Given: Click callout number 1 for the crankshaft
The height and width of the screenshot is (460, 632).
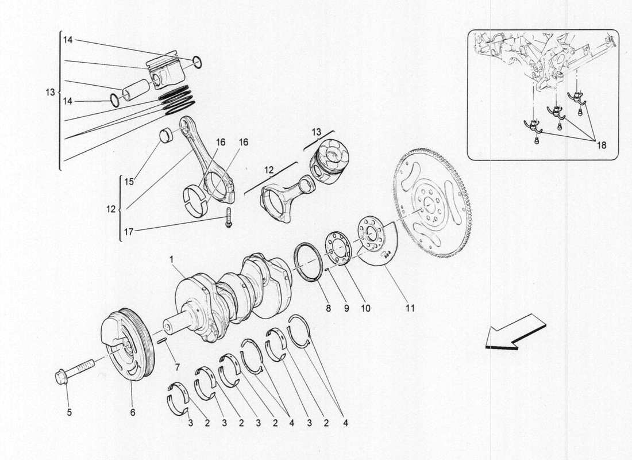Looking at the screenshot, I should click(171, 259).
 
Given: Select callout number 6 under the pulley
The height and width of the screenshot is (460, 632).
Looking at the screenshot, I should click(132, 412).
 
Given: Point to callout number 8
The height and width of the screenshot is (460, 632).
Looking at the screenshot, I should click(328, 308).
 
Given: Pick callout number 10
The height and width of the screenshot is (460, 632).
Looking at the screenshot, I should click(365, 308).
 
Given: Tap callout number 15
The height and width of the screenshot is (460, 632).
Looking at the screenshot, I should click(129, 182).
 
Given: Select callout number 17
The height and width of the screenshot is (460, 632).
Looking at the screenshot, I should click(129, 233).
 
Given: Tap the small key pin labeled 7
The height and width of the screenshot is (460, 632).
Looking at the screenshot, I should click(163, 340).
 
